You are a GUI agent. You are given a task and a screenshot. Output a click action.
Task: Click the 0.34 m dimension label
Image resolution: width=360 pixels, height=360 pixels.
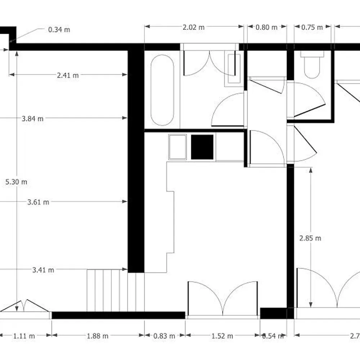click(59, 30)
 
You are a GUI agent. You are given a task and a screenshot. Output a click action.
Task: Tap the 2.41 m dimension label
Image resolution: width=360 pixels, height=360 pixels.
click(68, 75)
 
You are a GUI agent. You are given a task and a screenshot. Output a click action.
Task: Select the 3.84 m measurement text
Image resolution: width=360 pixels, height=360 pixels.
click(32, 118)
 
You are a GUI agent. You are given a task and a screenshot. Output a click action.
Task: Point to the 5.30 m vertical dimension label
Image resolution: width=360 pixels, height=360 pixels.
click(17, 182)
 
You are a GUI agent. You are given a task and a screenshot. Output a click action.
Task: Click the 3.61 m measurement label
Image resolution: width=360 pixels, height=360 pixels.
click(38, 202)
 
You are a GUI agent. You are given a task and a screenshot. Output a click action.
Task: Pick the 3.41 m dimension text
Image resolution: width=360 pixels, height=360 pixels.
click(43, 270)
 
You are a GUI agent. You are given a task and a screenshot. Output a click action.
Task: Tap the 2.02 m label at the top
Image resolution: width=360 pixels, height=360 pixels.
click(194, 27)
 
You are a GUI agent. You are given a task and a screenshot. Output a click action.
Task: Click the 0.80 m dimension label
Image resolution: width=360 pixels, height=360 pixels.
click(266, 27)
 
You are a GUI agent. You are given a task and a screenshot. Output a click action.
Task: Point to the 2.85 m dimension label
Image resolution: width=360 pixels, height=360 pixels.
click(310, 238)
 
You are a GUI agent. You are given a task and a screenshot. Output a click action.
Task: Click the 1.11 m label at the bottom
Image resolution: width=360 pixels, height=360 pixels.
click(24, 336)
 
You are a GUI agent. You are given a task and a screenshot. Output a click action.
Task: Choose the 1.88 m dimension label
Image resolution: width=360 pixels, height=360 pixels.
click(98, 336)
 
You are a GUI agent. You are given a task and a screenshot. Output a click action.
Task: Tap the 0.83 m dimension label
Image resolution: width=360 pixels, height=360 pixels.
click(164, 336)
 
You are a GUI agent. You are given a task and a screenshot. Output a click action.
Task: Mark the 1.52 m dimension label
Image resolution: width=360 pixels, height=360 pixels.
click(222, 336)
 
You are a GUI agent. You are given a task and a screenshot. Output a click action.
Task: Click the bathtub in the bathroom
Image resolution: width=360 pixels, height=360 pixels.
click(162, 90)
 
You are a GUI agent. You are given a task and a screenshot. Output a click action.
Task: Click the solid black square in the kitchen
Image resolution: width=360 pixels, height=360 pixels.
click(202, 147)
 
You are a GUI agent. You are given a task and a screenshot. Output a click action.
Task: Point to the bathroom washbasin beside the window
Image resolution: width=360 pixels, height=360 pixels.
click(233, 68)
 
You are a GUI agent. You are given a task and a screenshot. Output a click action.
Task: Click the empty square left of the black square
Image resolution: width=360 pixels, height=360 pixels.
click(177, 147)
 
